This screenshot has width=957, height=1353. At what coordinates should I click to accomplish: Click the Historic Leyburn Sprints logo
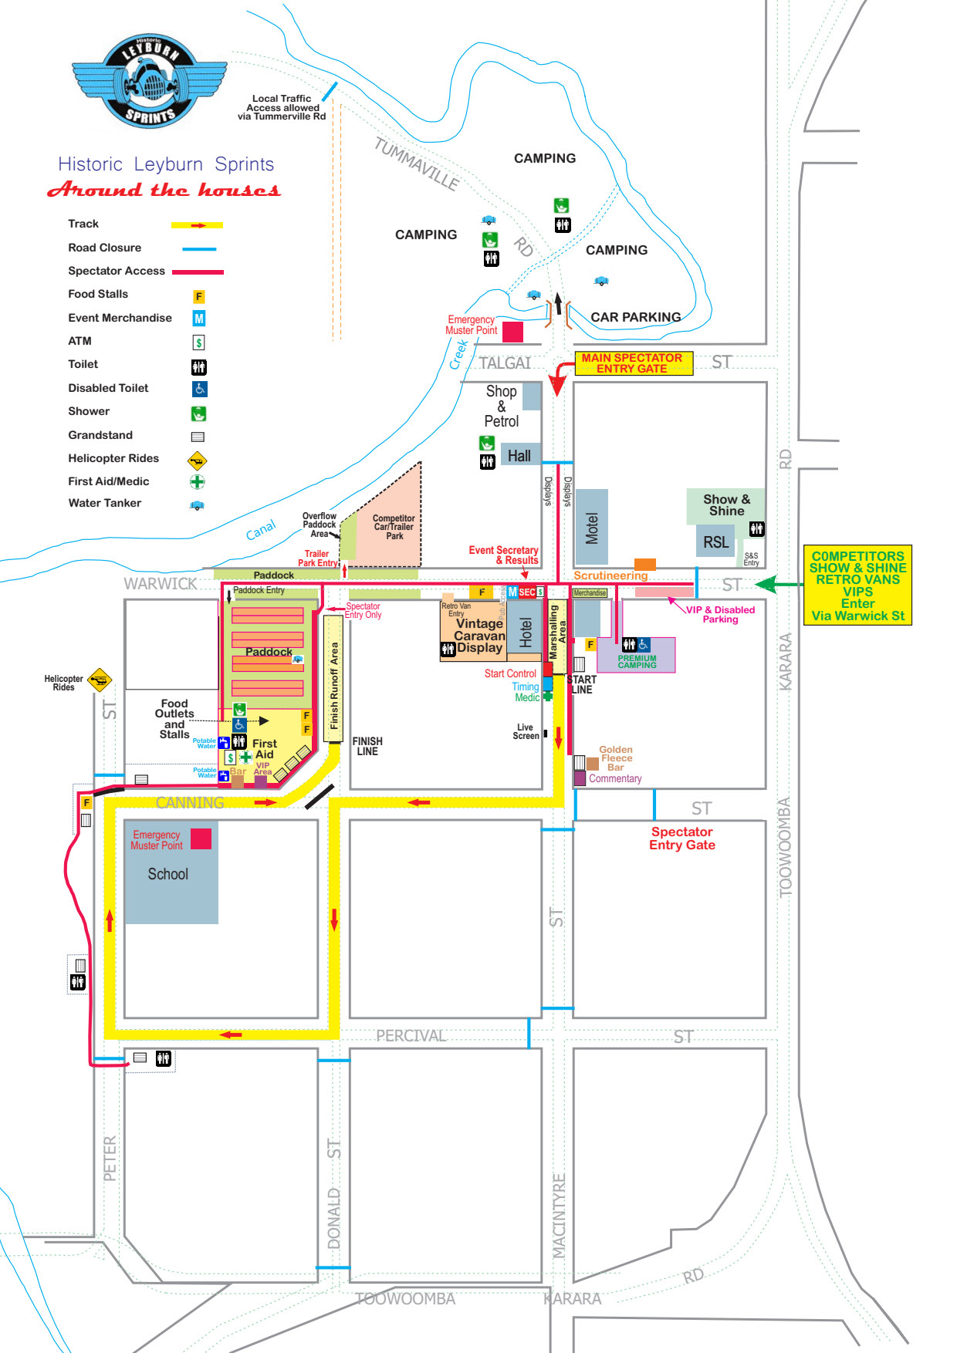click(149, 81)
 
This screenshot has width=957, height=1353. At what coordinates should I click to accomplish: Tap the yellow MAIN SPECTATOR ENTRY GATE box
click(633, 363)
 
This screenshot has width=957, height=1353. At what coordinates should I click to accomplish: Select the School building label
click(167, 874)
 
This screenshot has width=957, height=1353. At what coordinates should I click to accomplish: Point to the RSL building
click(715, 542)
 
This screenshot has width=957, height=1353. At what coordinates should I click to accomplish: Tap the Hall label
click(519, 456)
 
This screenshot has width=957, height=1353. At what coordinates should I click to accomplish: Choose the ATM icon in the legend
click(198, 342)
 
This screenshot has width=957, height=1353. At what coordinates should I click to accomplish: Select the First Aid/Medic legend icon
click(198, 482)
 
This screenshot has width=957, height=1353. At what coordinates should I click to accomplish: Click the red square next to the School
click(201, 838)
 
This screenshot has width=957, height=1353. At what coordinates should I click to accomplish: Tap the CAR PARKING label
click(635, 317)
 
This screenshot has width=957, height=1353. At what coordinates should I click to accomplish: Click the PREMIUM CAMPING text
click(637, 662)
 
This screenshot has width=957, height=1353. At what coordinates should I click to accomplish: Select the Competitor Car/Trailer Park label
click(394, 528)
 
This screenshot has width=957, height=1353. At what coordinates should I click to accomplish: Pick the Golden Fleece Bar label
click(615, 758)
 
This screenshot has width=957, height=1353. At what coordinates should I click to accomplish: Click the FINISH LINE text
click(367, 746)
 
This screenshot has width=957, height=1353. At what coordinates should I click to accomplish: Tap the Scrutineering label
click(610, 575)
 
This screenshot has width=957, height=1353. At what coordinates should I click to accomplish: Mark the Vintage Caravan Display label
click(478, 636)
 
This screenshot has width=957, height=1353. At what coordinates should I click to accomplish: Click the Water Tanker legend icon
click(197, 505)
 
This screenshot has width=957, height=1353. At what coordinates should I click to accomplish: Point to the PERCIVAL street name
click(411, 1036)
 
